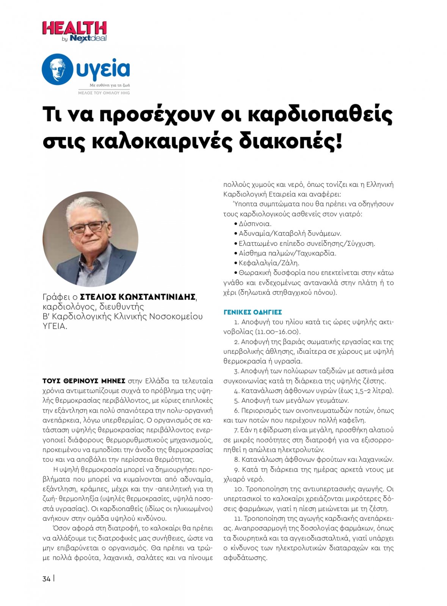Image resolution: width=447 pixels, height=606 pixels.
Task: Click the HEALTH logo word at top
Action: pyautogui.click(x=74, y=28)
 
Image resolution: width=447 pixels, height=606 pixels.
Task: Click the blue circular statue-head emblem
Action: pyautogui.click(x=58, y=69)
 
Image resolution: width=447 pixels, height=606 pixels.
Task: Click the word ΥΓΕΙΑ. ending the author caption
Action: pyautogui.click(x=55, y=326)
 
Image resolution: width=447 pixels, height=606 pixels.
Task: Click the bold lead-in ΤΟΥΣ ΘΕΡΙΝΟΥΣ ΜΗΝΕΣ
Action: pyautogui.click(x=84, y=381)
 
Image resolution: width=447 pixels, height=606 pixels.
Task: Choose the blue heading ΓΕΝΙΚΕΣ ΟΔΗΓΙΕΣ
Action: pyautogui.click(x=253, y=312)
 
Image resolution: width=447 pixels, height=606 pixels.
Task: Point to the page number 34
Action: pyautogui.click(x=46, y=579)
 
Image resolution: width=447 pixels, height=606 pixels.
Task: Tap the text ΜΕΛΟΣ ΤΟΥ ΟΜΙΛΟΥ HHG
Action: pyautogui.click(x=104, y=92)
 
